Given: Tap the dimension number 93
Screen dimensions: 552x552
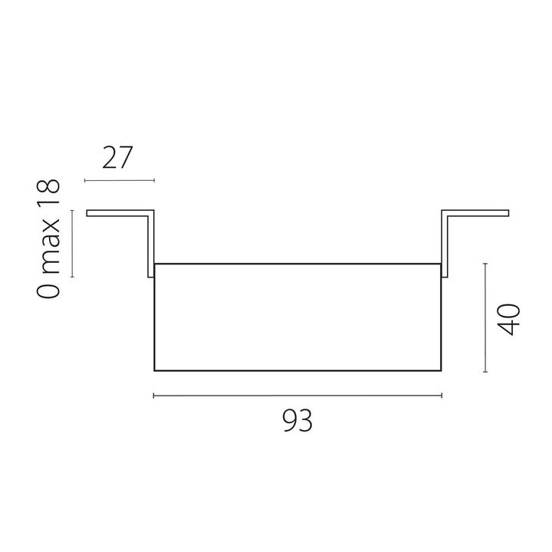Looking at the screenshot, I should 297,421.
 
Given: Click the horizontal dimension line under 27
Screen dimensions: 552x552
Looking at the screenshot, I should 119,181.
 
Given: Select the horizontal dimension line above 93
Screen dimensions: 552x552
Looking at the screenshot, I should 297,396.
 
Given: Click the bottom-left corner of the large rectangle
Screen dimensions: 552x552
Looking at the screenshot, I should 155,371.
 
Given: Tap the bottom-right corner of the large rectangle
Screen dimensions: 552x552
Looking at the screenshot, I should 442,371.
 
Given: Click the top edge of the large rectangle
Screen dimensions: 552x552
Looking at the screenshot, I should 297,264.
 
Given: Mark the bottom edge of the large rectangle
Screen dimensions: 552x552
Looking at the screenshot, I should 297,371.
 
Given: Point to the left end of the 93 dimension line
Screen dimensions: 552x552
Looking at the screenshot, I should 154,396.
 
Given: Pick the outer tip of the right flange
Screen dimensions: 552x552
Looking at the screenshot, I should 509,212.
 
